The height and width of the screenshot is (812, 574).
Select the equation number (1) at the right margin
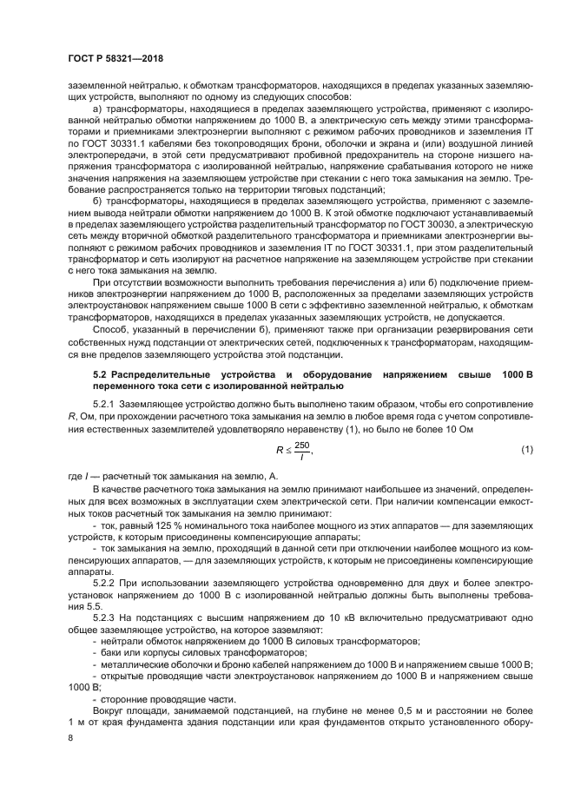(525, 448)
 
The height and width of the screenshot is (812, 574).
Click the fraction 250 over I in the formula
(301, 449)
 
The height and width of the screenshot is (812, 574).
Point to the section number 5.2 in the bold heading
(101, 373)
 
